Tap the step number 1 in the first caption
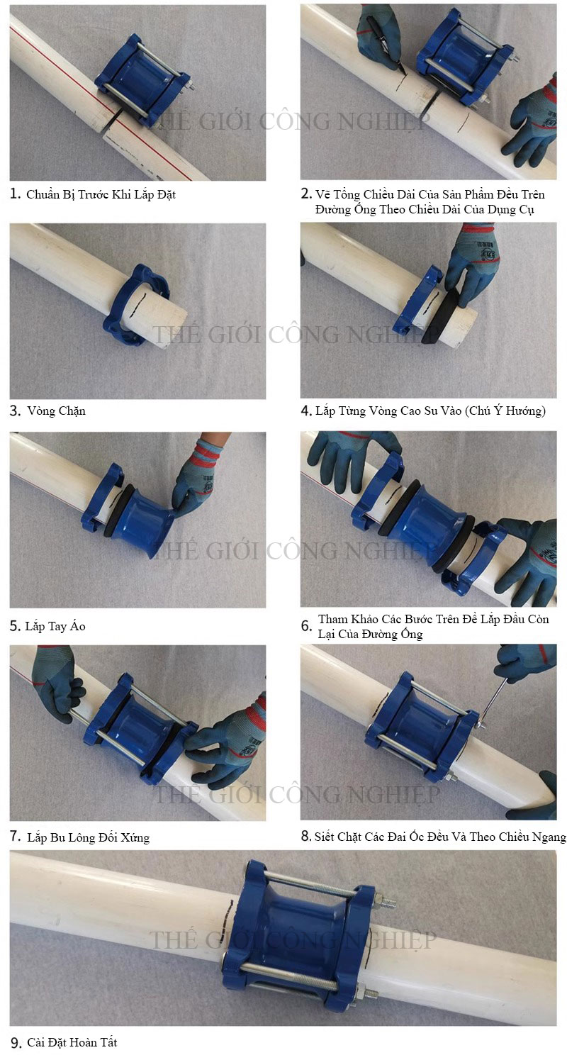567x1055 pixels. pyautogui.click(x=15, y=194)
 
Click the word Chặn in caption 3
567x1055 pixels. pyautogui.click(x=71, y=411)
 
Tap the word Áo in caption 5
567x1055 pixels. pyautogui.click(x=78, y=625)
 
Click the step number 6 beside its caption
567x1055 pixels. pyautogui.click(x=306, y=627)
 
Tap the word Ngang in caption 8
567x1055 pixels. pyautogui.click(x=550, y=837)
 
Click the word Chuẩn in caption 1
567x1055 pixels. pyautogui.click(x=43, y=194)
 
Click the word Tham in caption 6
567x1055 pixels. pyautogui.click(x=333, y=619)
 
